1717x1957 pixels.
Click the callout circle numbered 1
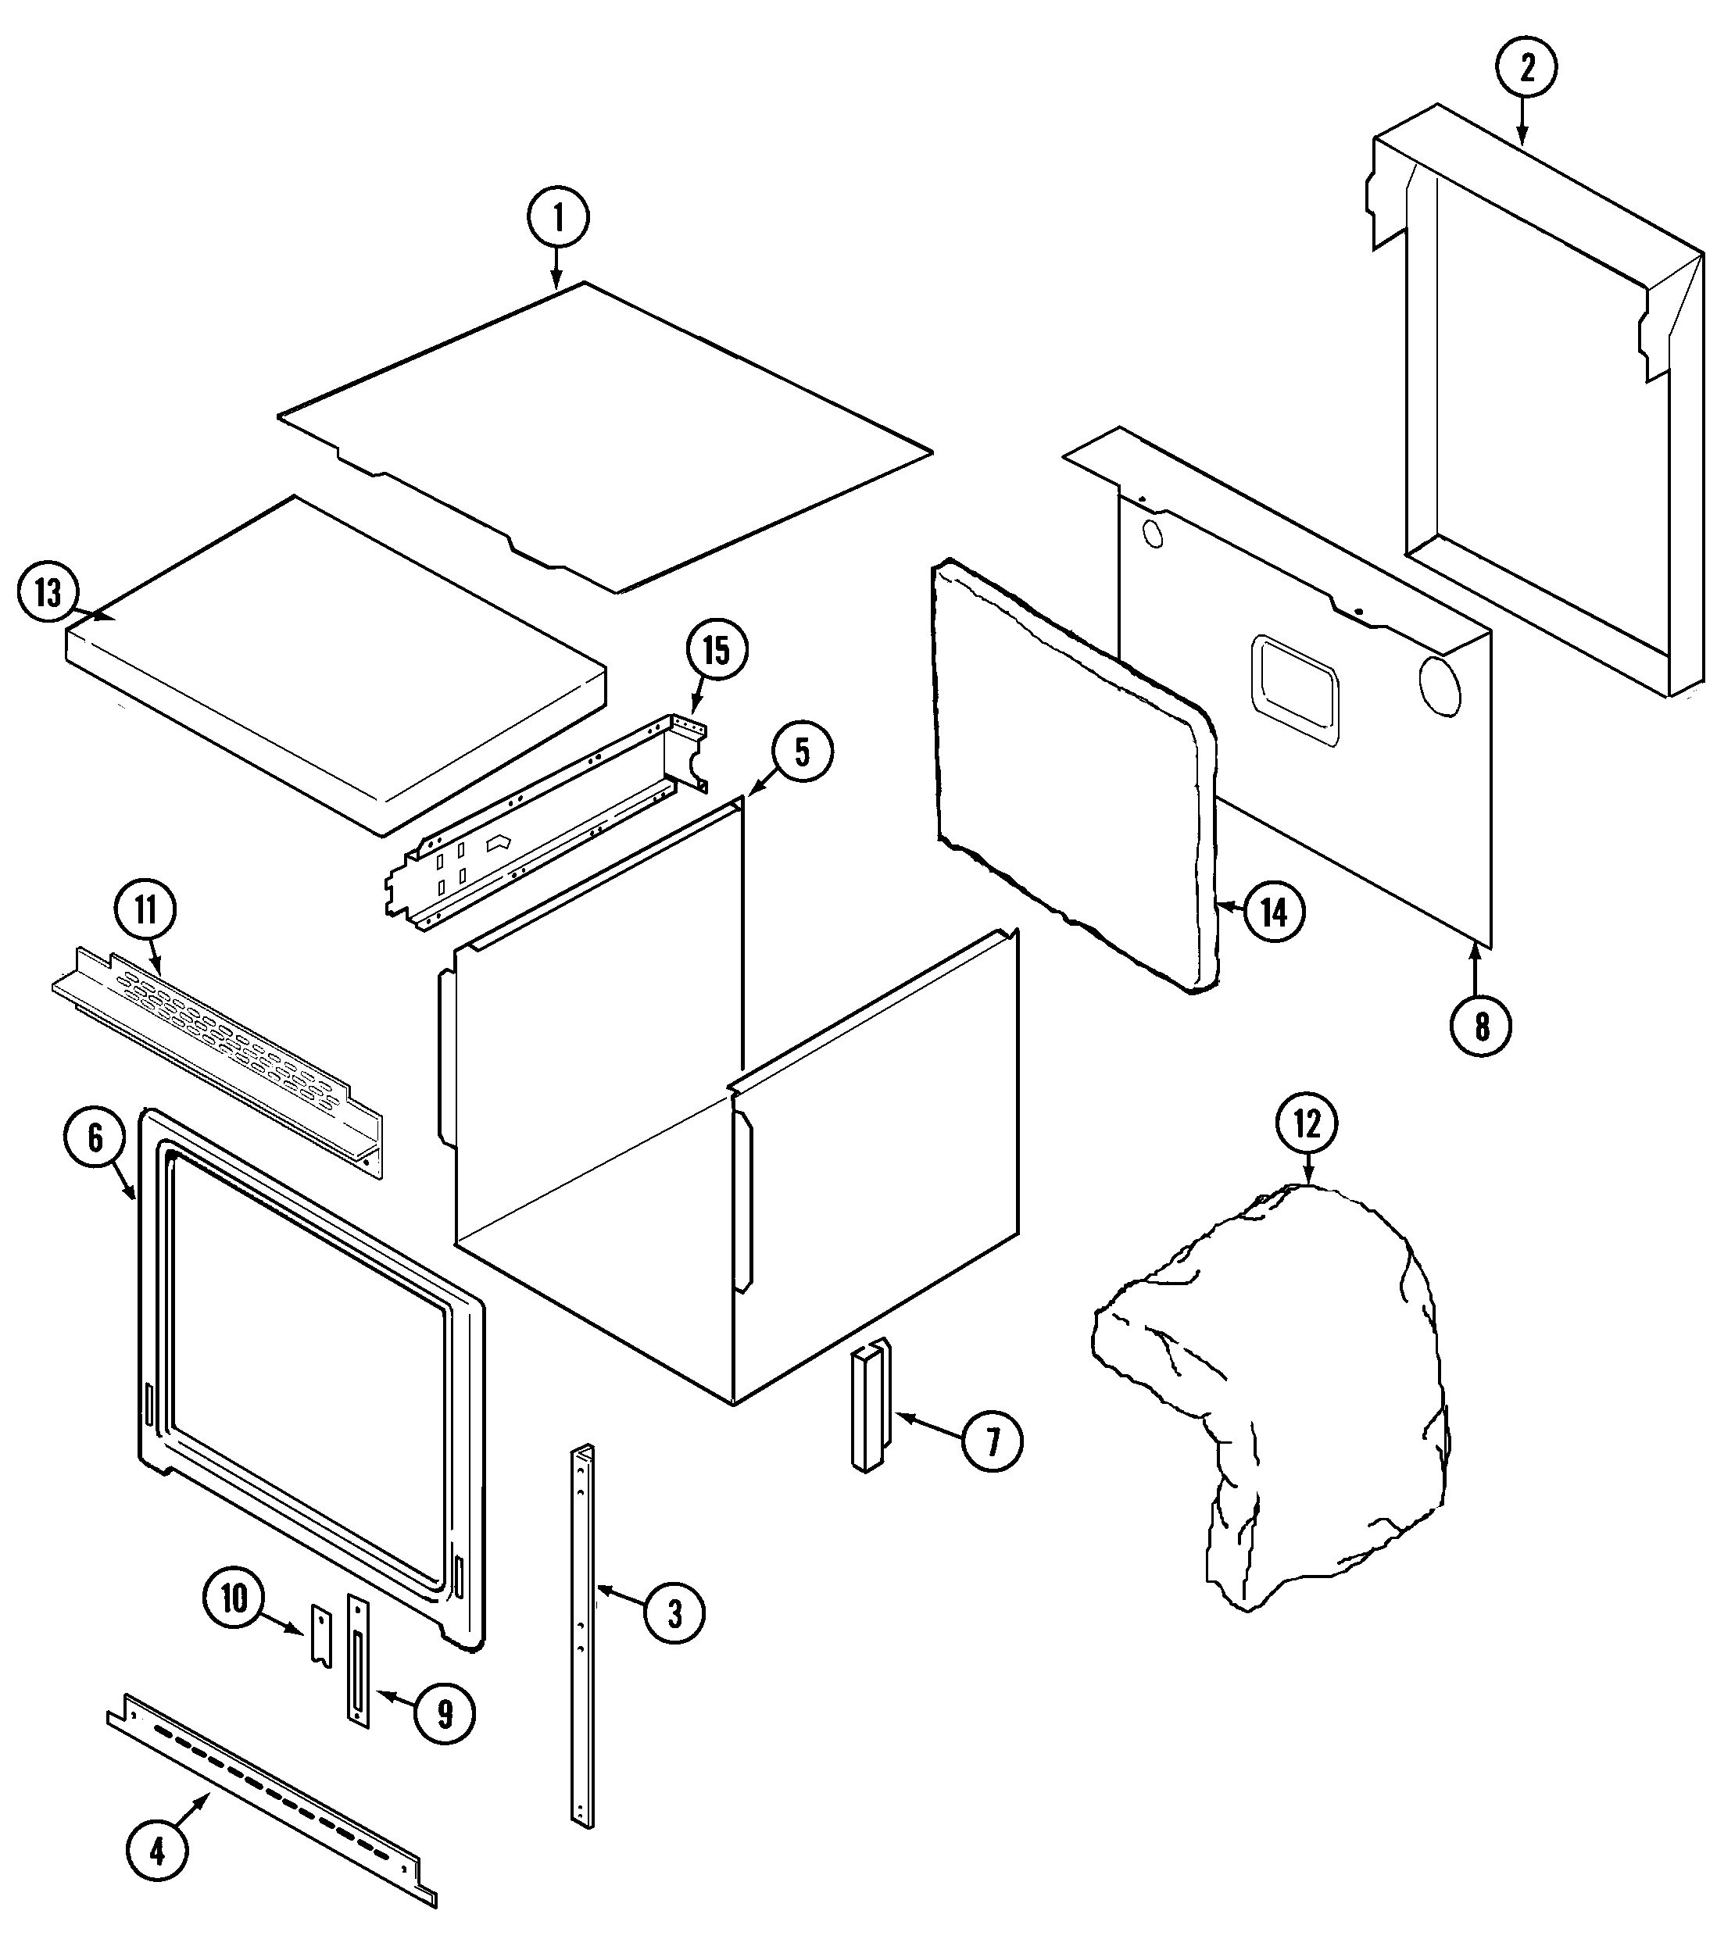[558, 217]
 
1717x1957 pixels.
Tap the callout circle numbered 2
[1526, 68]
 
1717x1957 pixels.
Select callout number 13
[48, 594]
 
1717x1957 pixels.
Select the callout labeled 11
[145, 909]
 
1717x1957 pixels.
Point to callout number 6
[95, 1138]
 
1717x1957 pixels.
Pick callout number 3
[674, 1613]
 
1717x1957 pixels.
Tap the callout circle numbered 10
[234, 1598]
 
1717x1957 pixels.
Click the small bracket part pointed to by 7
[870, 1405]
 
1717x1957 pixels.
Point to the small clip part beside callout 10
[320, 1637]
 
